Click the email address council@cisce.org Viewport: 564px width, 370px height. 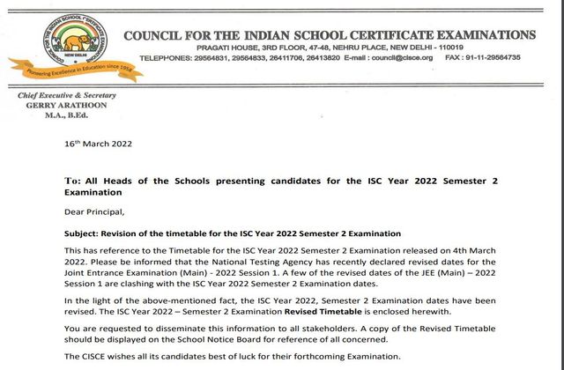(402, 57)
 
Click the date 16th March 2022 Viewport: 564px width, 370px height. (99, 143)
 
